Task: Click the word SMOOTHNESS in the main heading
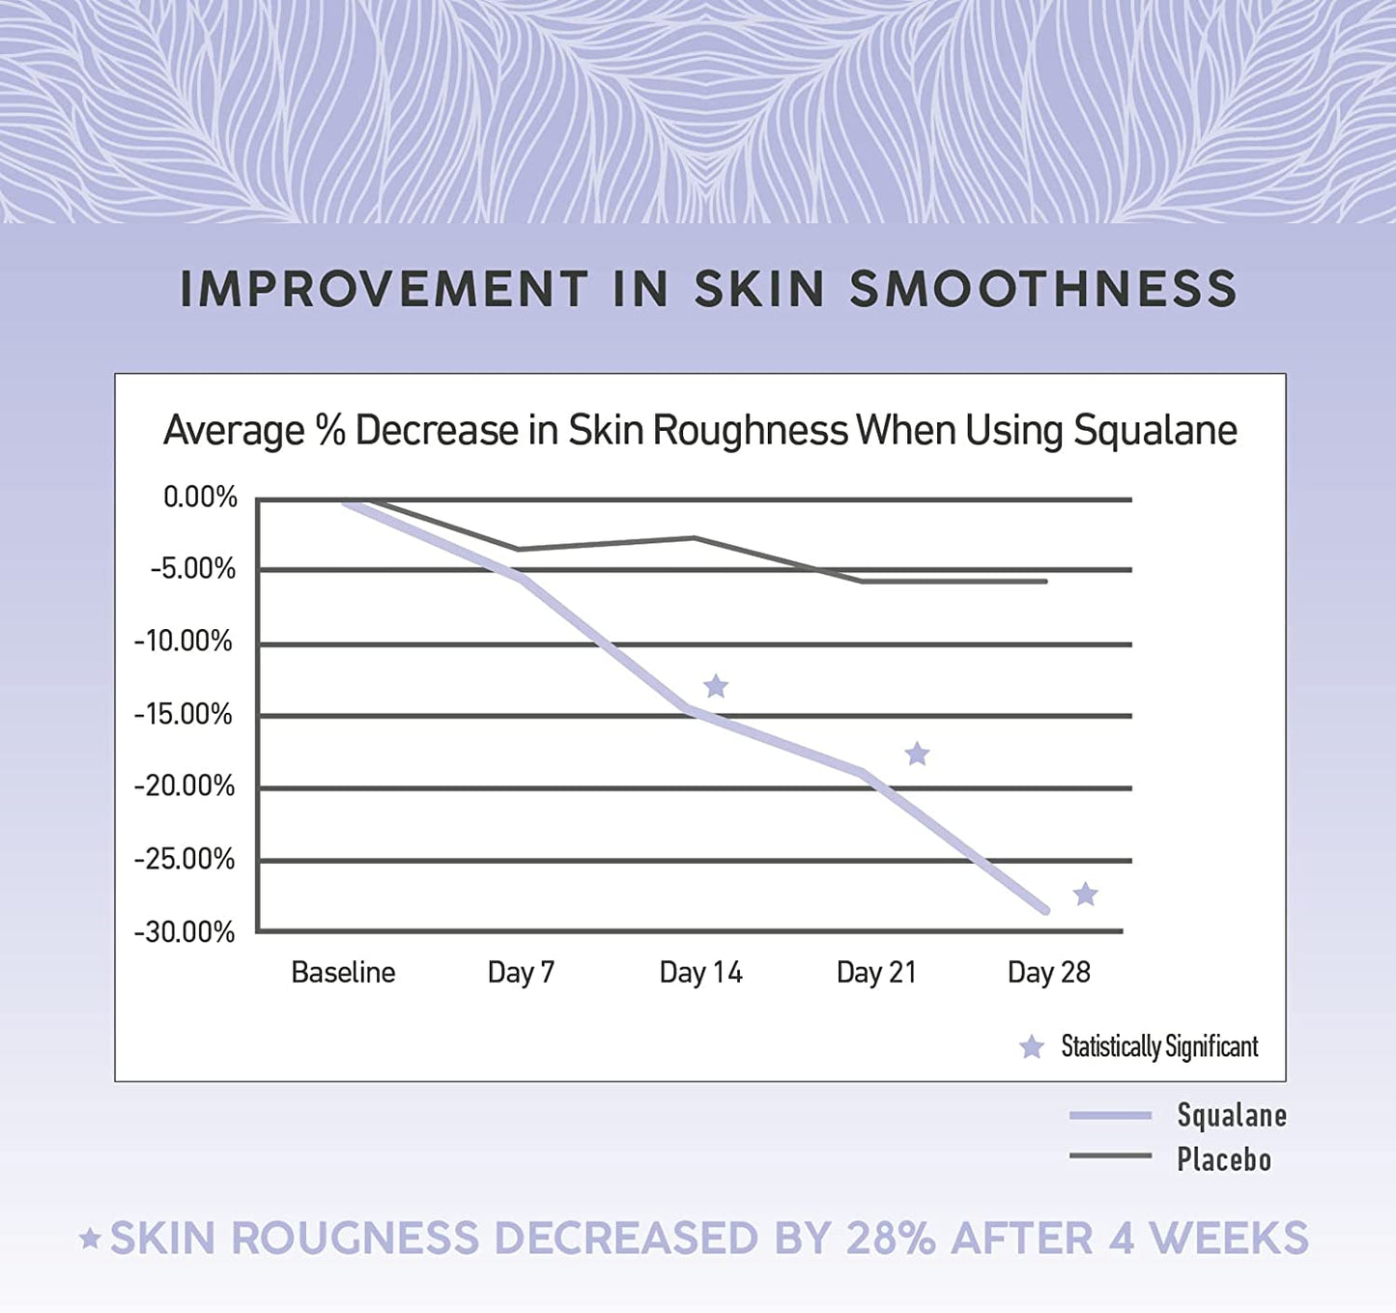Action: [x=1043, y=289]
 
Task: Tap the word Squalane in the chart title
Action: [x=1155, y=431]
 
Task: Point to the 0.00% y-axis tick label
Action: [x=200, y=498]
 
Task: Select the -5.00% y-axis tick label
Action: [x=193, y=569]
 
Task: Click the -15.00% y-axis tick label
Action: [x=184, y=715]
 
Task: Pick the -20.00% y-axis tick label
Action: [x=185, y=786]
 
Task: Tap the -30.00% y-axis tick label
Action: [x=185, y=932]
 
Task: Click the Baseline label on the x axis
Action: [x=343, y=972]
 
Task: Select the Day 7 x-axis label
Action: [x=521, y=972]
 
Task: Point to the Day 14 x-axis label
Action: [x=700, y=972]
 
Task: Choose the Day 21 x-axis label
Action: [x=876, y=972]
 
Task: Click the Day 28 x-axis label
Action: [x=1048, y=972]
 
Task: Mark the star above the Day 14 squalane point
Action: [x=716, y=687]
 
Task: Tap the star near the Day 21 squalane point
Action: [x=917, y=754]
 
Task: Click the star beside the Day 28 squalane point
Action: [x=1086, y=895]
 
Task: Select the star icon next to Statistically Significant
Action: [x=1032, y=1047]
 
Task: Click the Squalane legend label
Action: [x=1232, y=1116]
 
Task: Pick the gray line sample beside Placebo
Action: [x=1110, y=1156]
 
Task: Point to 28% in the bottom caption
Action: [x=890, y=1239]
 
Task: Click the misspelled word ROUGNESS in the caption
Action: [x=356, y=1239]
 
